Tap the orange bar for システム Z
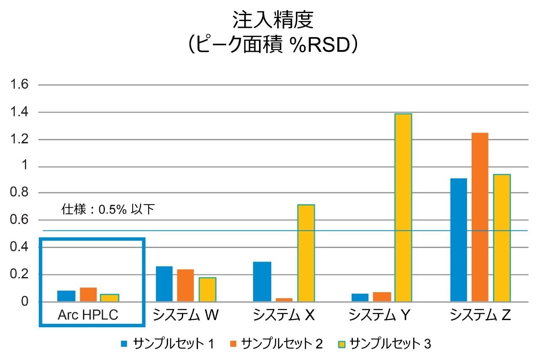[x=480, y=217]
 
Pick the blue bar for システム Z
[x=459, y=240]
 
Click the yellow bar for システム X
[x=306, y=253]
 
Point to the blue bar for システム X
[x=262, y=282]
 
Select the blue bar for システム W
[x=164, y=284]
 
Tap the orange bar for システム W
[x=185, y=285]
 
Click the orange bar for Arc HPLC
[x=88, y=295]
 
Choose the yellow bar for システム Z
[x=502, y=238]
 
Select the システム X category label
[x=284, y=315]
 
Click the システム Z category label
[x=480, y=315]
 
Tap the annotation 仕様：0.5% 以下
[x=108, y=209]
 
